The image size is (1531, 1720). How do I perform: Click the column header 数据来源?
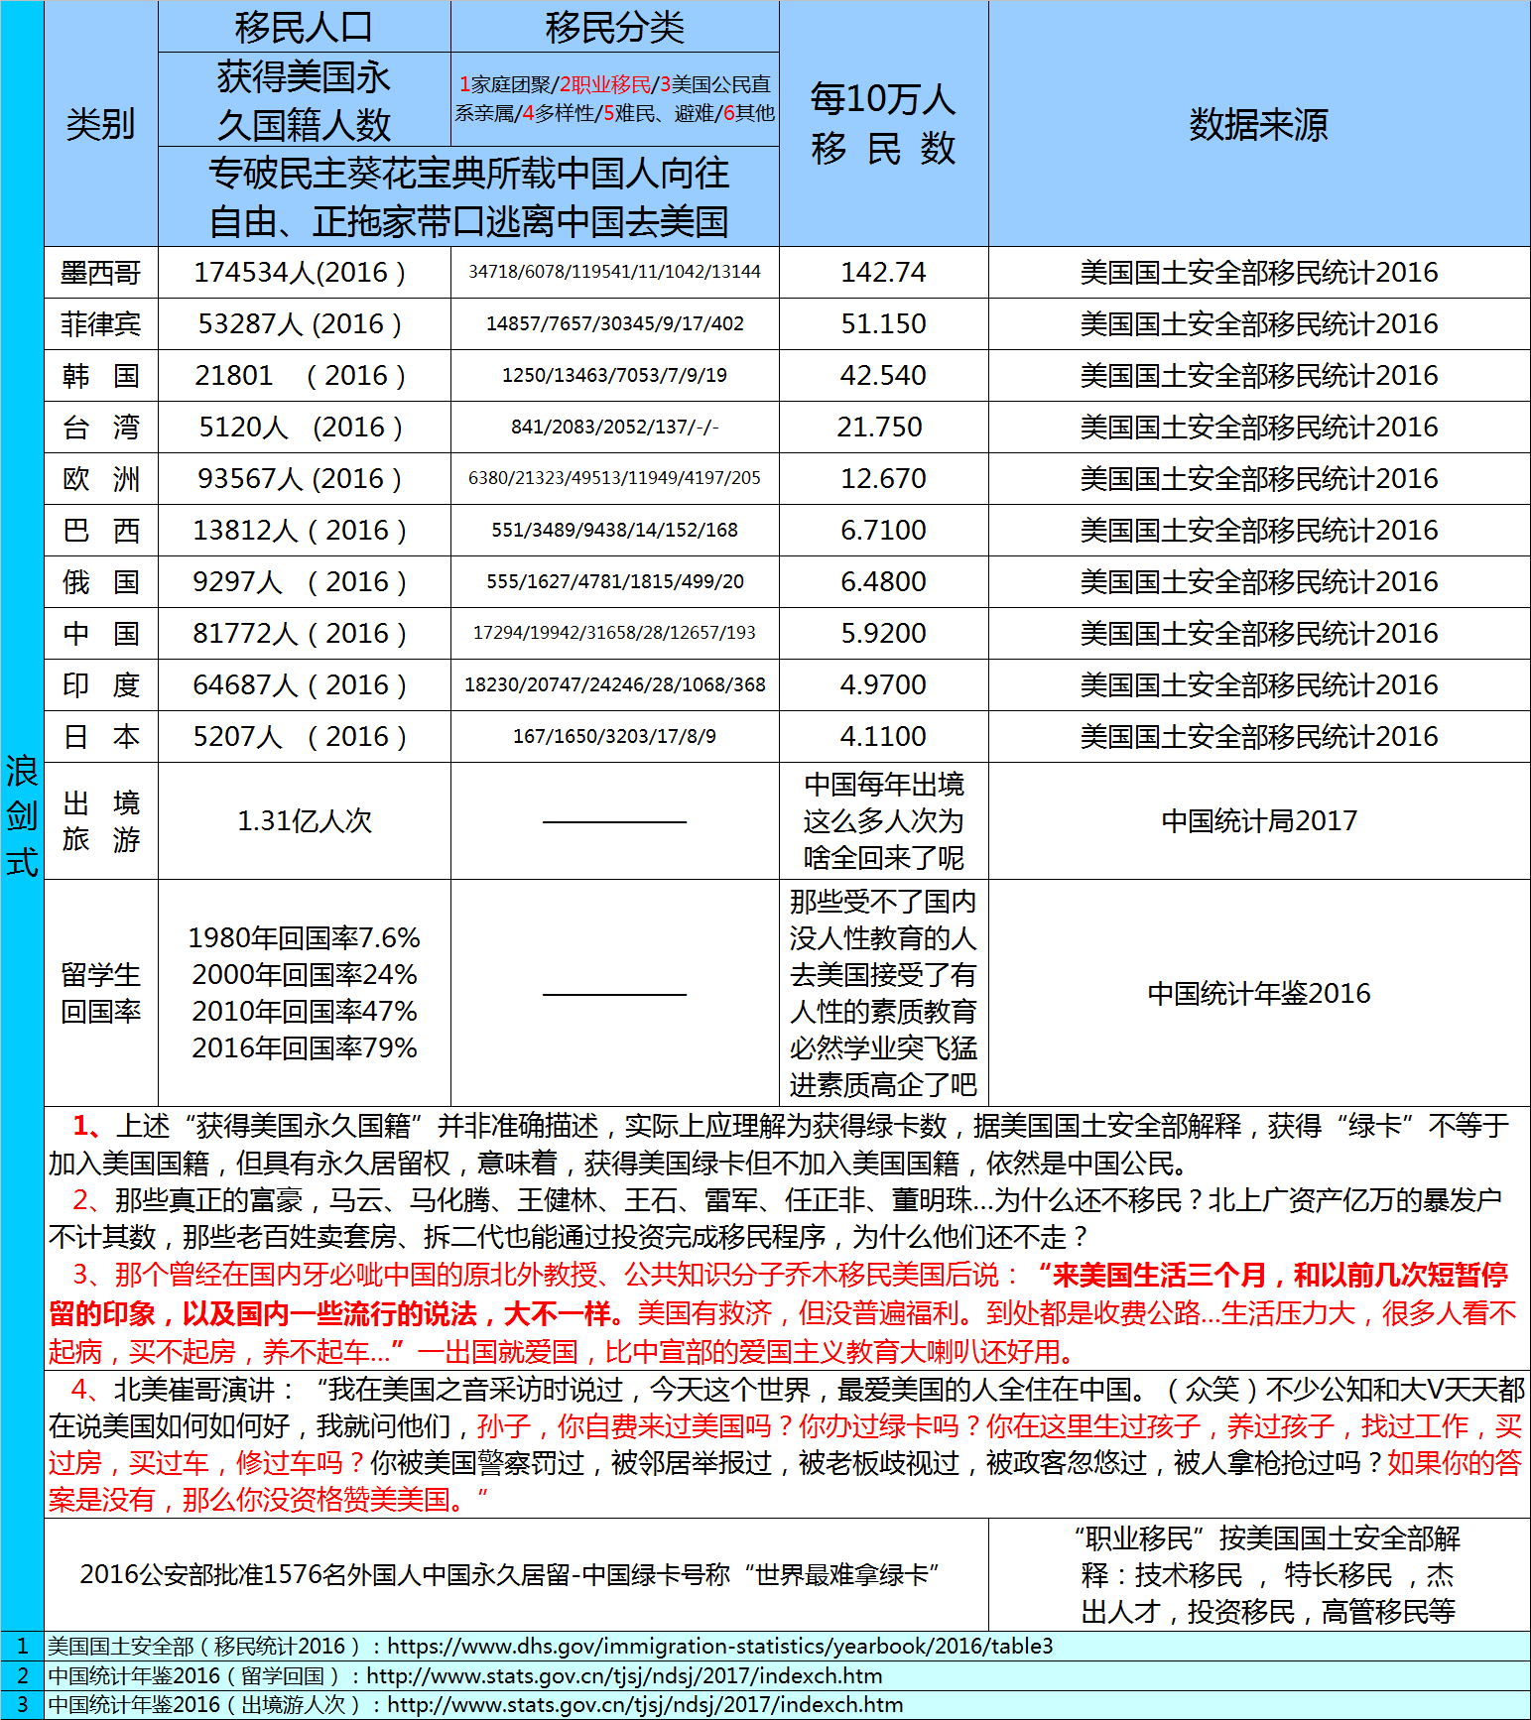[x=1258, y=124]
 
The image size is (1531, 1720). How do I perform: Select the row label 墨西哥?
[x=100, y=273]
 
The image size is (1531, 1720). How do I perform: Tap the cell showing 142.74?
[x=883, y=273]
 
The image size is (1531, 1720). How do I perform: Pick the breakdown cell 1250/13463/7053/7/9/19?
[x=614, y=376]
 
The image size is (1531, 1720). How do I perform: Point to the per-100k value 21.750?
[x=880, y=428]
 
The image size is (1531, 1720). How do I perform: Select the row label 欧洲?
[x=100, y=479]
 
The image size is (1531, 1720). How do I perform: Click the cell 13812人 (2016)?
[x=300, y=531]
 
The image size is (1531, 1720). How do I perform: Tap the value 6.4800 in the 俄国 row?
[x=883, y=582]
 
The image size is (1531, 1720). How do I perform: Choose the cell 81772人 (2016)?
[x=300, y=634]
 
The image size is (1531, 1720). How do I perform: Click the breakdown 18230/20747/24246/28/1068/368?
[x=614, y=685]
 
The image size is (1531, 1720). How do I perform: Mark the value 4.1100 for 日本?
[x=883, y=737]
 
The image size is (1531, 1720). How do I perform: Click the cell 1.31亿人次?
[x=305, y=821]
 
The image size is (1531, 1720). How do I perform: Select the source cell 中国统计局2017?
[x=1259, y=821]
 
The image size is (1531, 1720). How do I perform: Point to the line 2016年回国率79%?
[x=305, y=1048]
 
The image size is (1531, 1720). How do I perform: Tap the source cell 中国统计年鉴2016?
[x=1259, y=994]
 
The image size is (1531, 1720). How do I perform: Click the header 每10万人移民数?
[x=883, y=124]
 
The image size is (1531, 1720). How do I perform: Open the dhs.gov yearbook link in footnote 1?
[x=719, y=1647]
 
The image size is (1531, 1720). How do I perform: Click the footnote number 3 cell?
[x=22, y=1705]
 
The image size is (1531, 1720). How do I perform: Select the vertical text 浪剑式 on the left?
[x=22, y=815]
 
